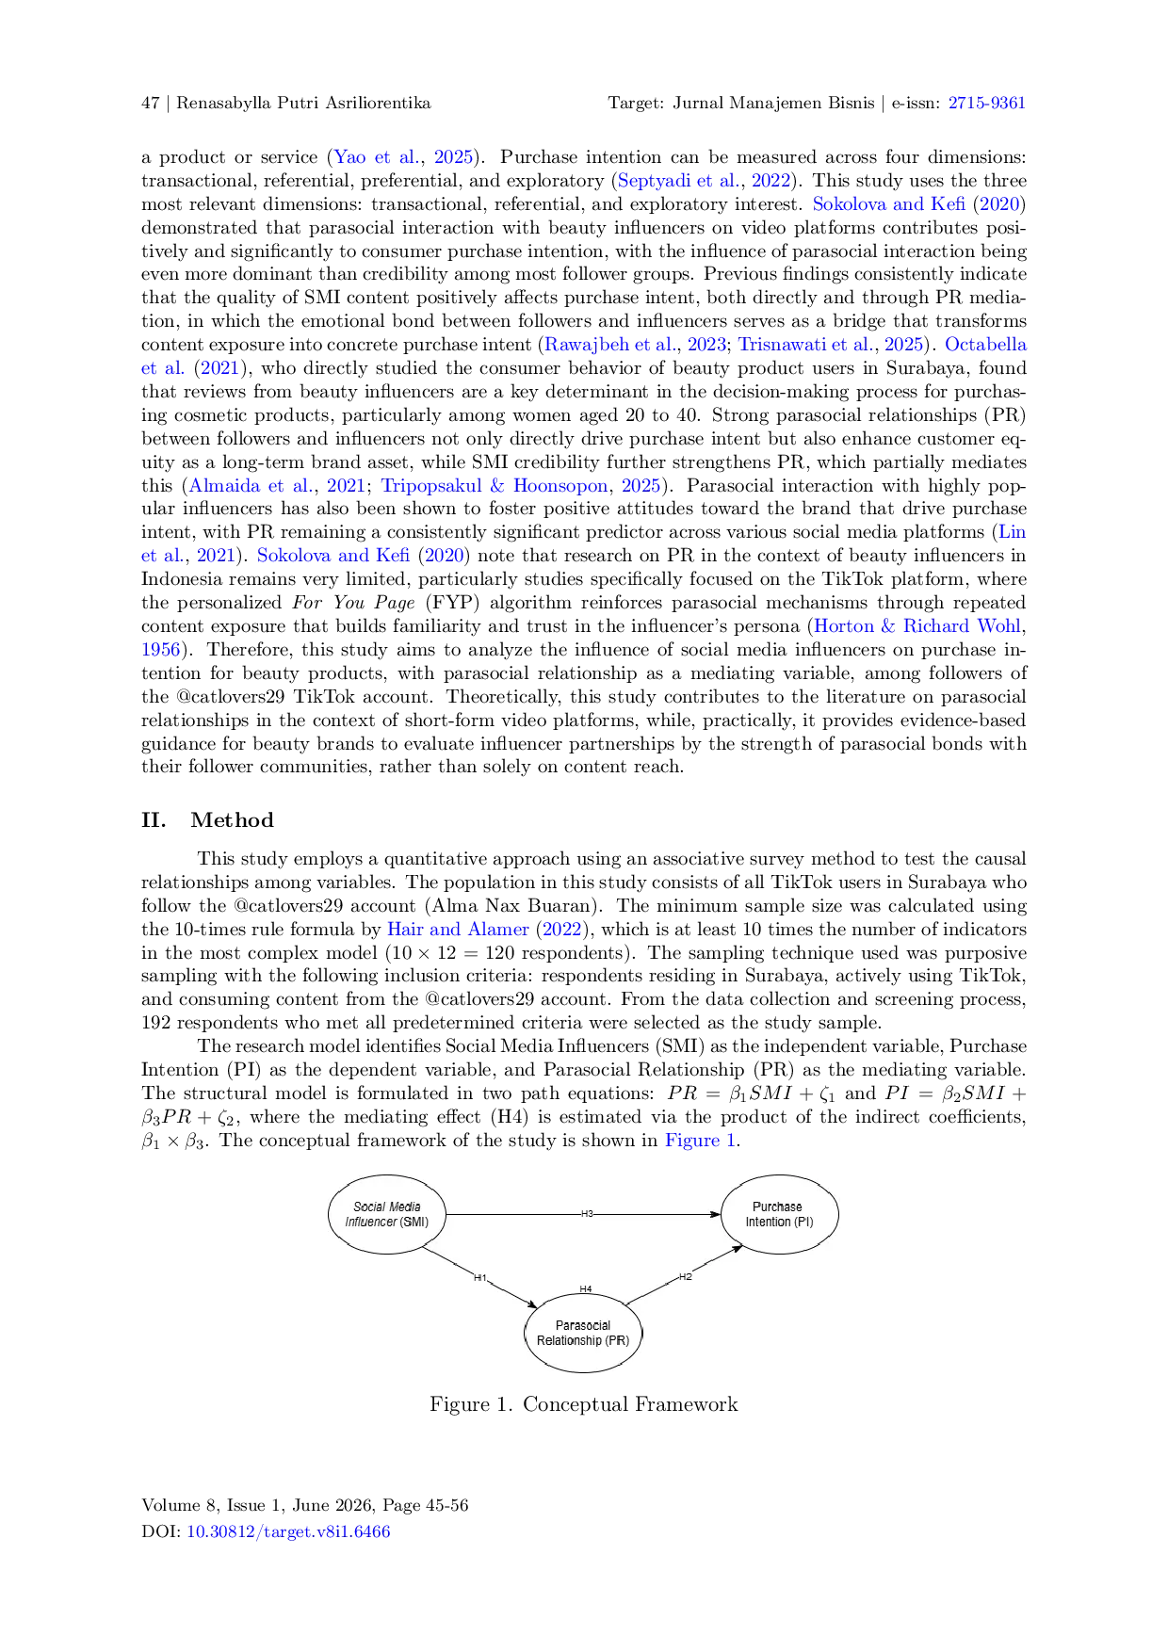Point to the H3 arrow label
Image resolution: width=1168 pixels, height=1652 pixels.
(x=587, y=1214)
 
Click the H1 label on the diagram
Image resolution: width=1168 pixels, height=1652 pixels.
(x=479, y=1278)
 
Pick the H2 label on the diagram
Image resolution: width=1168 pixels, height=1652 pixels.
(x=686, y=1277)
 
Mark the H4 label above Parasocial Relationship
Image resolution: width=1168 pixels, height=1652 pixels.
(x=586, y=1289)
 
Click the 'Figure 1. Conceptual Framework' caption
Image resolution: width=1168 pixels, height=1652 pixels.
(x=584, y=1405)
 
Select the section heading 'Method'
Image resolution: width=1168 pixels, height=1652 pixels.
(x=232, y=820)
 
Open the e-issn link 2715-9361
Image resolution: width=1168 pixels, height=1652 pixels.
(x=987, y=104)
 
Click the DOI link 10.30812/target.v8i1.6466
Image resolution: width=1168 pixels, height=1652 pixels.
(x=288, y=1531)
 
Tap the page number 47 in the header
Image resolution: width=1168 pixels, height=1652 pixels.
(x=151, y=104)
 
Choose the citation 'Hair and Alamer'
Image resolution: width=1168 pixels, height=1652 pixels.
(x=458, y=930)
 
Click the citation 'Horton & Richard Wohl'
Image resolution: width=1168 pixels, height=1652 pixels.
(x=918, y=626)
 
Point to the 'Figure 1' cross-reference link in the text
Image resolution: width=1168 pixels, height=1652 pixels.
(x=700, y=1141)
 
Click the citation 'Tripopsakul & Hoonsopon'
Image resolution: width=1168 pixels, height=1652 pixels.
(x=495, y=486)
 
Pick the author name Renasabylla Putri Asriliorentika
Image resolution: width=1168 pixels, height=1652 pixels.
(x=303, y=104)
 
